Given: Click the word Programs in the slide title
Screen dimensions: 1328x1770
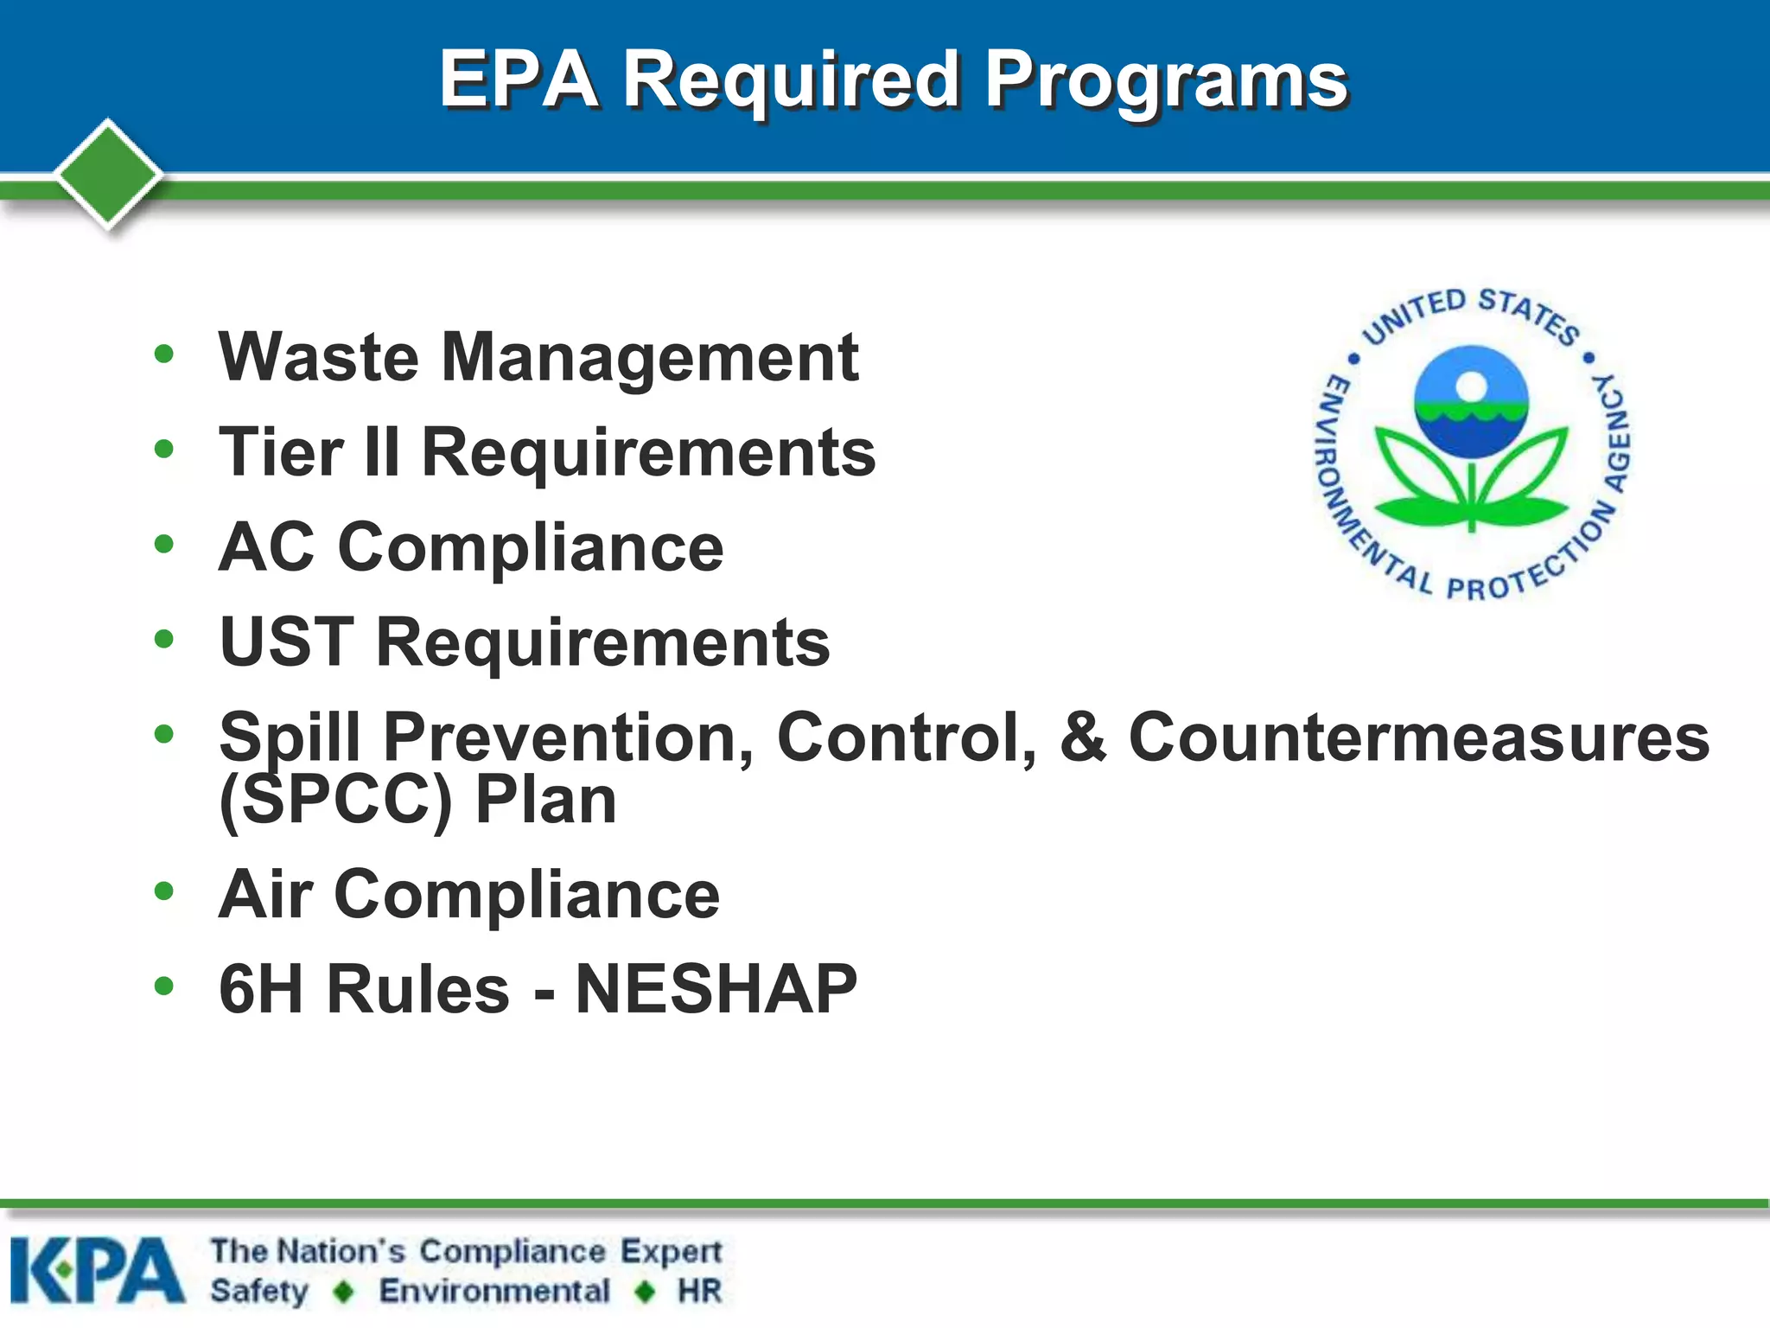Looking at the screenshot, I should tap(1167, 80).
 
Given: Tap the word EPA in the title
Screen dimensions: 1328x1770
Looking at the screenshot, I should tap(519, 80).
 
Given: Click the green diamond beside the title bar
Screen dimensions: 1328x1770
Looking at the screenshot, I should tap(108, 174).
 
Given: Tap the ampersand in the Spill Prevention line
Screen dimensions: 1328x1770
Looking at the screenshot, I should tap(1082, 737).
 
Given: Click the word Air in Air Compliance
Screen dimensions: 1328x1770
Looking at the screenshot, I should tap(264, 895).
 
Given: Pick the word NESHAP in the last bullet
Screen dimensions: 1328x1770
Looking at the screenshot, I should tap(716, 990).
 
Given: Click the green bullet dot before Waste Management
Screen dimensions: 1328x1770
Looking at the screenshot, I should tap(163, 354).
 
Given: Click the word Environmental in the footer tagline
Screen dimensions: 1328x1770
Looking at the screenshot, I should tap(494, 1292).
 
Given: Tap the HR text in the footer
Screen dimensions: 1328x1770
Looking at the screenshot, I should tap(699, 1292).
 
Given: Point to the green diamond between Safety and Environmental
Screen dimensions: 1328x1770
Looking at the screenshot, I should tap(344, 1292).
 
